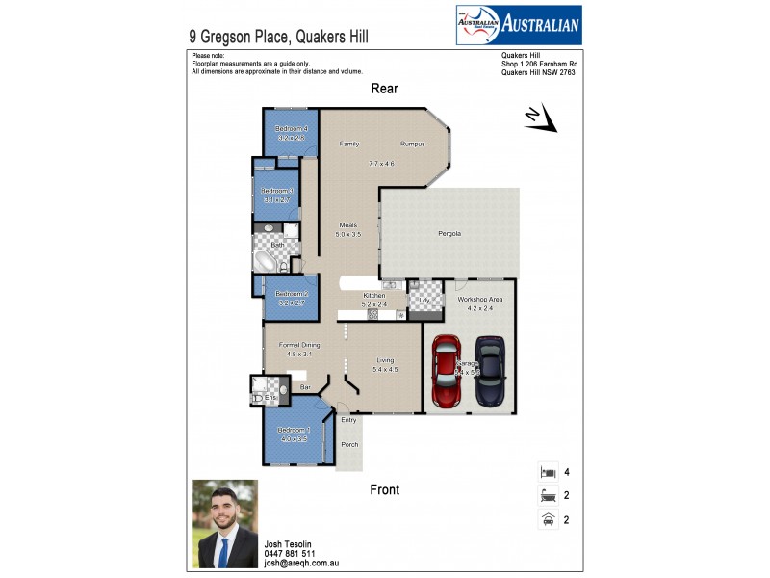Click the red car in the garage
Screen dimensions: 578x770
coord(447,369)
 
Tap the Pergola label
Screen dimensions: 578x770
coord(449,234)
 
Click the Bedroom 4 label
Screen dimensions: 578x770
coord(291,129)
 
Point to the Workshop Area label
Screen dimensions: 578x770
coord(479,300)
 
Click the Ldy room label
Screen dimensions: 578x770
coord(423,300)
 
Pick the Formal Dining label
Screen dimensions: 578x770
coord(299,345)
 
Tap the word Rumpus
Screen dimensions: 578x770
coord(413,144)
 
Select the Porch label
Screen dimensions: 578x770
coord(349,444)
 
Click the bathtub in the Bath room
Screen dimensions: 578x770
coord(265,261)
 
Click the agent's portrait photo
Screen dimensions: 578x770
coord(224,523)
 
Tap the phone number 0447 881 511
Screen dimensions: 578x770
coord(289,554)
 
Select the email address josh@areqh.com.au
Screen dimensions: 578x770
coord(301,564)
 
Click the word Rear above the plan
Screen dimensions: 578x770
coord(385,89)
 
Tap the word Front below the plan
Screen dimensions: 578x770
coord(385,489)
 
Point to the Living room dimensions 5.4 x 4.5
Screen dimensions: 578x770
coord(385,369)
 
